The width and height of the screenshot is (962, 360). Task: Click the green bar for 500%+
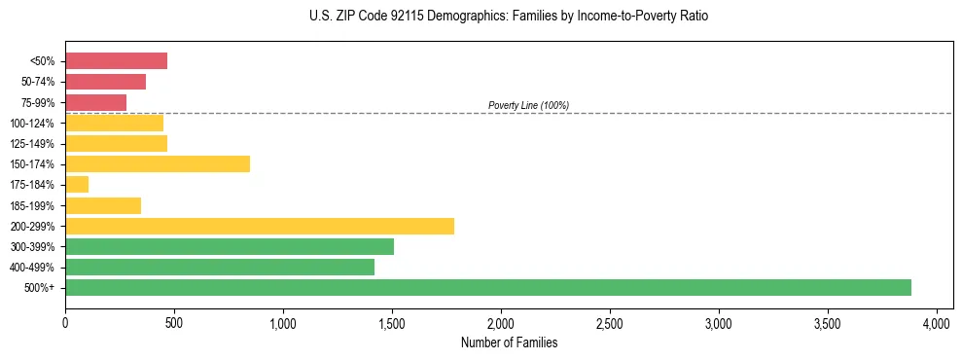pos(487,288)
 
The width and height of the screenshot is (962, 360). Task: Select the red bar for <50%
pos(116,61)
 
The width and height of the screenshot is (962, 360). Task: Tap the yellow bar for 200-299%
pos(260,227)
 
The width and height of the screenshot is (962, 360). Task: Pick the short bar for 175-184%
pos(77,185)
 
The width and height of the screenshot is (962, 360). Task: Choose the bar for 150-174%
pos(158,164)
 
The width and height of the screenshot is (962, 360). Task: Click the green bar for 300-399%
pos(230,247)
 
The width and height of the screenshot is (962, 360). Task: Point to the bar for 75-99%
pos(95,102)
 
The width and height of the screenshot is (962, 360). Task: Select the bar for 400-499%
pos(220,268)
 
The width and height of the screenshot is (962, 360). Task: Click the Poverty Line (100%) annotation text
pos(528,105)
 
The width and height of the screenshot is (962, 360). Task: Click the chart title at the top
pos(510,18)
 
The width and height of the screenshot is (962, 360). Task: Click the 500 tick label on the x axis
pos(174,321)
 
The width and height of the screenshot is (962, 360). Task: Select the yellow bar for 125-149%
pos(116,144)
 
